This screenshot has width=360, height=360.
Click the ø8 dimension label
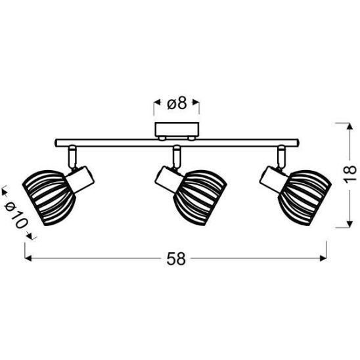pyautogui.click(x=177, y=104)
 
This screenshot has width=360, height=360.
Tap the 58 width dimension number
pyautogui.click(x=176, y=259)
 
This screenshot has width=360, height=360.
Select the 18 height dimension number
pyautogui.click(x=349, y=175)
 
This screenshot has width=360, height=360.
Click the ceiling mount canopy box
pyautogui.click(x=177, y=130)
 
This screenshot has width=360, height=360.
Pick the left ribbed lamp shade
pyautogui.click(x=49, y=198)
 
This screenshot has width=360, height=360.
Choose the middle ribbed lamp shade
pyautogui.click(x=200, y=198)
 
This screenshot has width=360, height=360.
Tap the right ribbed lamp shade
pyautogui.click(x=305, y=198)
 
